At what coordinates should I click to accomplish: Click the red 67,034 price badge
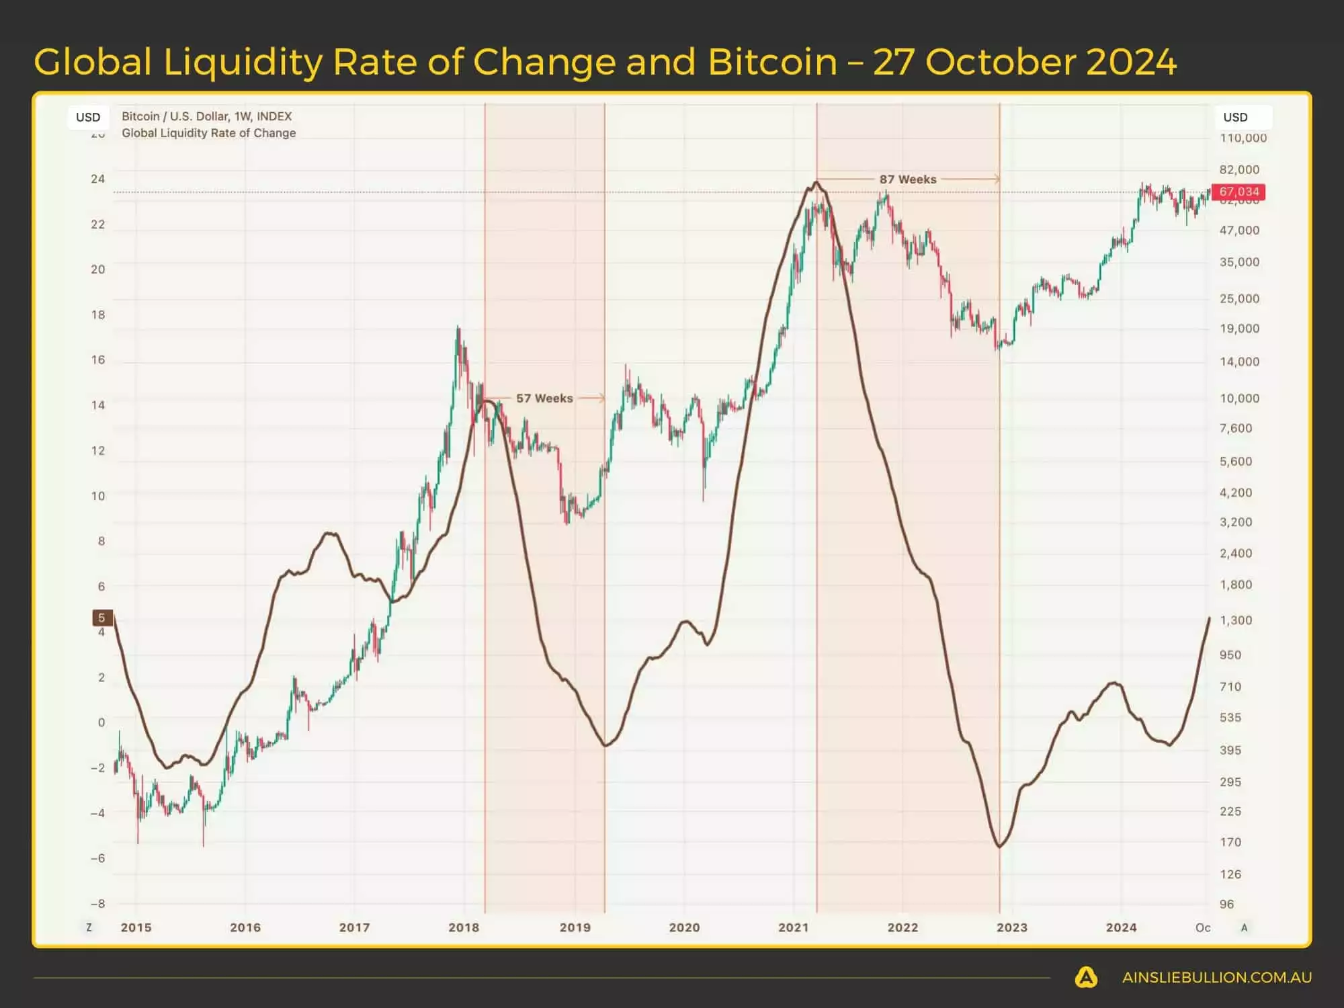point(1238,192)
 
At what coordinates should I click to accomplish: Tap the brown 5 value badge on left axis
point(101,618)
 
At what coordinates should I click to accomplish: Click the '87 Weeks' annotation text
point(907,179)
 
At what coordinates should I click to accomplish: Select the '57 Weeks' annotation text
point(544,398)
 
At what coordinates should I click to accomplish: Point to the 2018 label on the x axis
point(464,927)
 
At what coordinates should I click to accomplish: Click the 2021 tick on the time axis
point(793,927)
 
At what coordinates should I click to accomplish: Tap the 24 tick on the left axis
point(98,179)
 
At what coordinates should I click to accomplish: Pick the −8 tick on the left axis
point(98,904)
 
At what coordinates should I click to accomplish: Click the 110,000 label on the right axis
point(1243,138)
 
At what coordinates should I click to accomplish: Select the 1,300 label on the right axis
point(1236,620)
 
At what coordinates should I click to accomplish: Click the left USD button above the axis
point(88,117)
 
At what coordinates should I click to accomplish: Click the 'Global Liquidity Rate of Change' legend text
point(208,133)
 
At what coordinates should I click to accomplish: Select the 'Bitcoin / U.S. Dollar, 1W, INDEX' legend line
point(206,116)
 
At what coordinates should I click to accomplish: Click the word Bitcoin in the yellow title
point(772,62)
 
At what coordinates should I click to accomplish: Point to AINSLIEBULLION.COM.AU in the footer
point(1216,978)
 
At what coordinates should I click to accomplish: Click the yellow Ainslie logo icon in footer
point(1086,977)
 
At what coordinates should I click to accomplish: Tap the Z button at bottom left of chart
point(89,927)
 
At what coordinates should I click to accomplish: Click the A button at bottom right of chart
point(1244,927)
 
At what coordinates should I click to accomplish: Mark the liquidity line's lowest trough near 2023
point(999,846)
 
